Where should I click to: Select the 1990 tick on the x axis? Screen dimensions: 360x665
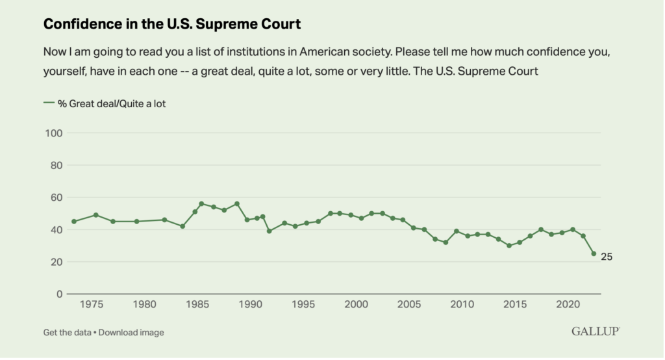point(251,304)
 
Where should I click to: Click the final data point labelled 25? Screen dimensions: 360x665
point(594,254)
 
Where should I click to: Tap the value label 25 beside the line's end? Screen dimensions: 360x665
point(607,257)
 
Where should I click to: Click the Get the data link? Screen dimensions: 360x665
point(66,333)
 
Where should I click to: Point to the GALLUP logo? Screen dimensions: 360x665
point(596,332)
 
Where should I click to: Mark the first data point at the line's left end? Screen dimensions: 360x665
point(74,222)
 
